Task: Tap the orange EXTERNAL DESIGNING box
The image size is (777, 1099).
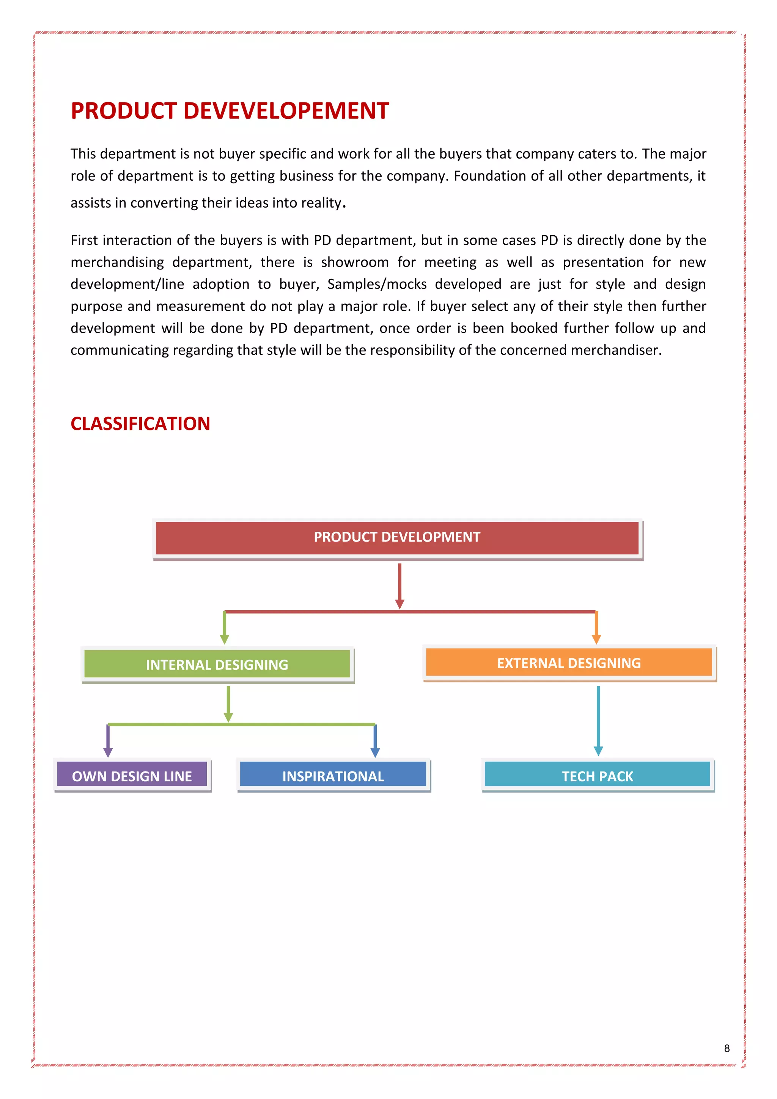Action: tap(568, 663)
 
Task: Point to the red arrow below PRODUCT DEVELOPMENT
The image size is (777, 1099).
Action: tap(400, 585)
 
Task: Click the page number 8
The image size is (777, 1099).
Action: tap(727, 1048)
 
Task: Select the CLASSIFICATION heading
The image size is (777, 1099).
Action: tap(140, 424)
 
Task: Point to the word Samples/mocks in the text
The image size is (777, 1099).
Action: tap(377, 284)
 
